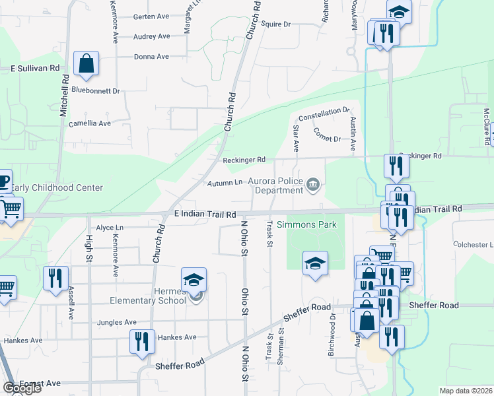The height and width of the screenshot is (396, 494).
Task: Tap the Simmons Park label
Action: [x=306, y=225]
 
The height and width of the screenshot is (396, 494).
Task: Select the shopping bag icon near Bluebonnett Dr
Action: [x=87, y=64]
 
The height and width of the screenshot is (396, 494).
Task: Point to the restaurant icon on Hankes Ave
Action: [x=142, y=342]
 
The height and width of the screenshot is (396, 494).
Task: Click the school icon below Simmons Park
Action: [x=316, y=263]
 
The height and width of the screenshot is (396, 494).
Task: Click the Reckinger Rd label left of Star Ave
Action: [x=244, y=160]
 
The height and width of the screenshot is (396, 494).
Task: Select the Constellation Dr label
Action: [x=323, y=114]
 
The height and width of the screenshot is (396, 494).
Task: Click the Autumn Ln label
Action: [x=225, y=183]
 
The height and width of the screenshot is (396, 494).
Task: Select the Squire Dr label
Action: [x=276, y=24]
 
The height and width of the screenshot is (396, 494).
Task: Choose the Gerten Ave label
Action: [x=152, y=16]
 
